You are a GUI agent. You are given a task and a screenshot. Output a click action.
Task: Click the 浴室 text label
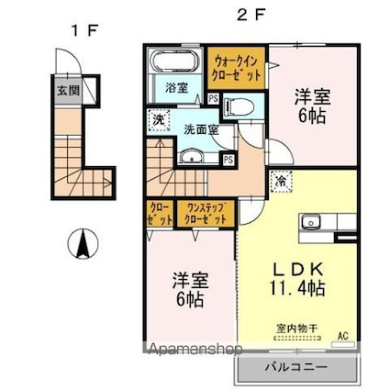pyautogui.click(x=176, y=88)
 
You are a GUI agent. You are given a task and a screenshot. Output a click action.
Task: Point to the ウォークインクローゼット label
pyautogui.click(x=236, y=66)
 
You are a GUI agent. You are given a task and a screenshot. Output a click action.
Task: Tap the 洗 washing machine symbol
pyautogui.click(x=159, y=120)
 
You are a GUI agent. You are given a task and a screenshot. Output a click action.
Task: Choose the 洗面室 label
pyautogui.click(x=199, y=129)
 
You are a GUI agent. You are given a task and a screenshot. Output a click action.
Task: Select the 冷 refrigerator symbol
pyautogui.click(x=277, y=181)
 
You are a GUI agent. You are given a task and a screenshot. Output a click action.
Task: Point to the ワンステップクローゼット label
pyautogui.click(x=205, y=214)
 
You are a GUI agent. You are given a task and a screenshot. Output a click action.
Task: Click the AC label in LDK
pyautogui.click(x=344, y=335)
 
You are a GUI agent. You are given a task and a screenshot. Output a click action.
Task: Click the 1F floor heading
pyautogui.click(x=84, y=29)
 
